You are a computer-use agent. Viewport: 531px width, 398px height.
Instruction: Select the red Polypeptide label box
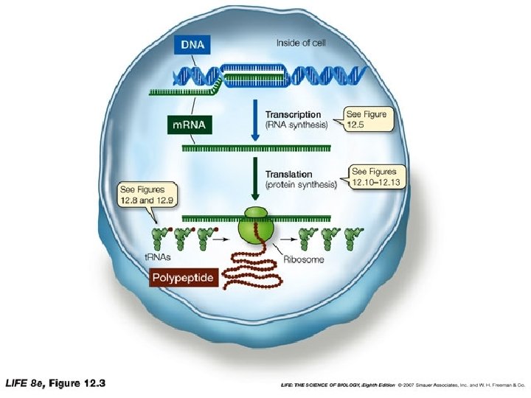183,279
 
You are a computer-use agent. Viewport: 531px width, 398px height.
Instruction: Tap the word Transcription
293,115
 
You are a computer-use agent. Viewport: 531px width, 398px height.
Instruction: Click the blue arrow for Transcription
254,119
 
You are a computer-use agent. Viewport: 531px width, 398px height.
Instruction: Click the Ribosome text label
303,260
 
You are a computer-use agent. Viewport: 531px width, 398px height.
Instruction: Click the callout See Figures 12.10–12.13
375,176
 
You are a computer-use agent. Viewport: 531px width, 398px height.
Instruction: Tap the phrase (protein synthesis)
300,185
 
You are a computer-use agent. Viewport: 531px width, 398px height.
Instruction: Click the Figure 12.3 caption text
56,383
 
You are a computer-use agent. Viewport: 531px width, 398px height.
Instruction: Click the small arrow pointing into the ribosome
221,238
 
